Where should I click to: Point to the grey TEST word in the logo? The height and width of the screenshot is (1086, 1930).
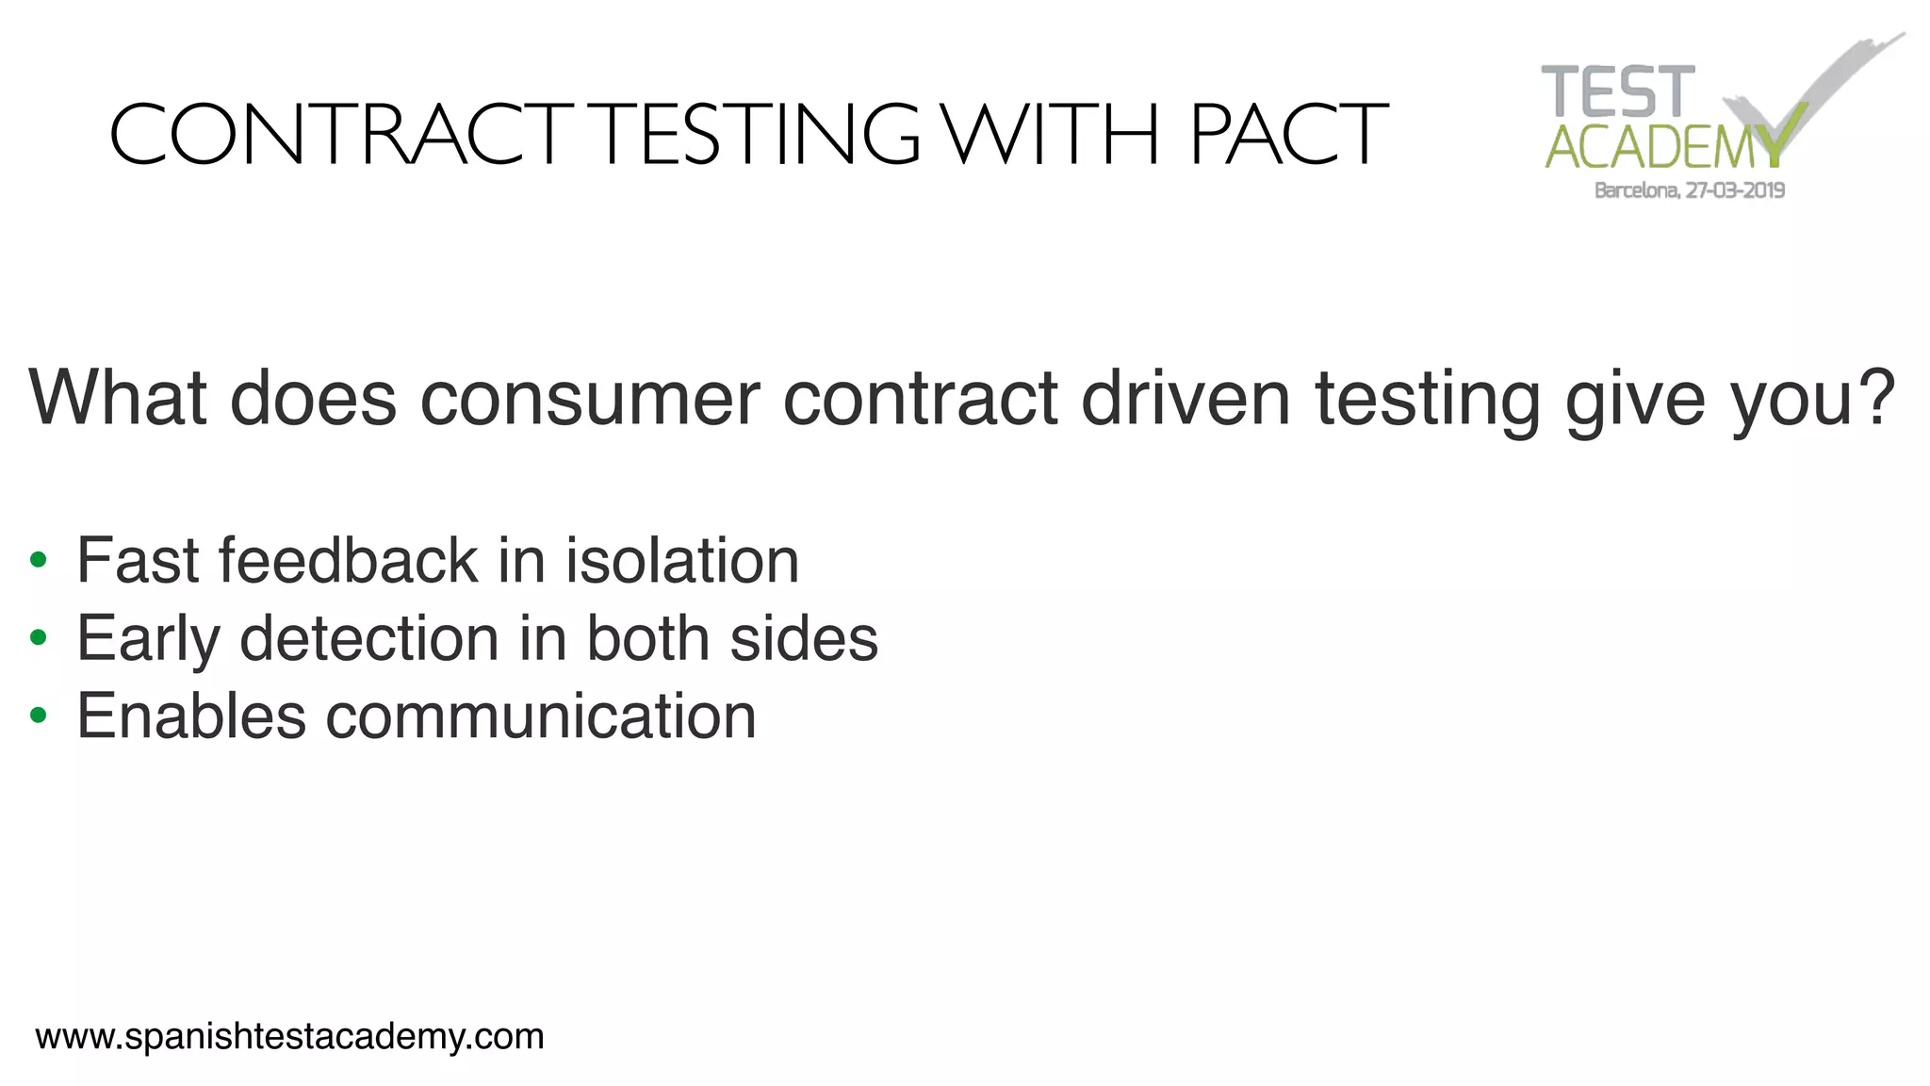[1617, 91]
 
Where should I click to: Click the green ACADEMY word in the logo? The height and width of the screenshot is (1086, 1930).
[1664, 147]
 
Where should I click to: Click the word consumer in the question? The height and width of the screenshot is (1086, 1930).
[590, 399]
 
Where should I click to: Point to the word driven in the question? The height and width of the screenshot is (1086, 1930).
[1186, 397]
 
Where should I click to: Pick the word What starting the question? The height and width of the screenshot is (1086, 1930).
[118, 397]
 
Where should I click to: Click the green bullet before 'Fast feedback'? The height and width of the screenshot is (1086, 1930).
[38, 561]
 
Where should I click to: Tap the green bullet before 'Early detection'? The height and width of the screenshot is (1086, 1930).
[38, 638]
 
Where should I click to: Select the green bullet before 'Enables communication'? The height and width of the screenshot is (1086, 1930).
[38, 716]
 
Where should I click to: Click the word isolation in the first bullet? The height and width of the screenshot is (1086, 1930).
[682, 560]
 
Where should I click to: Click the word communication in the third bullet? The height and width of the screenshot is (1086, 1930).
[541, 716]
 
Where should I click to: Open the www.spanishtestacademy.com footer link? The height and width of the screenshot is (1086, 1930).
[289, 1037]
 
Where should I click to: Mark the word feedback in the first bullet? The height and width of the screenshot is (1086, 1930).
[348, 560]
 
